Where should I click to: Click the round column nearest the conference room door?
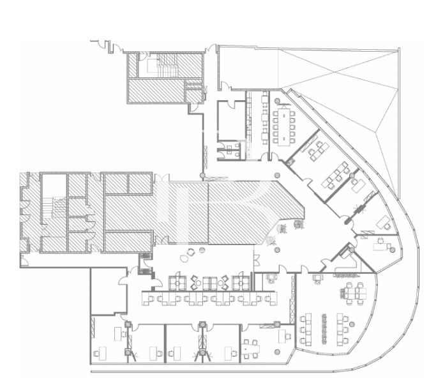pos(276,174)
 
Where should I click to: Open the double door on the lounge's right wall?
pos(256,259)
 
